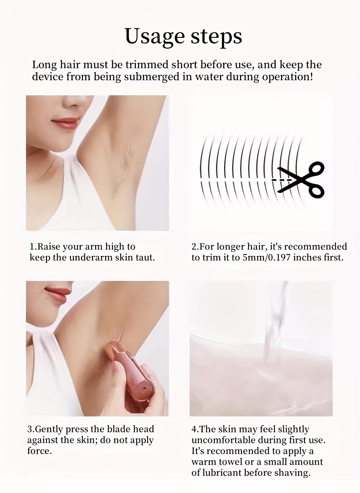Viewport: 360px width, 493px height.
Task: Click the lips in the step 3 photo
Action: pos(57,295)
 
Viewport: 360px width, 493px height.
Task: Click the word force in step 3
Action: pos(38,451)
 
